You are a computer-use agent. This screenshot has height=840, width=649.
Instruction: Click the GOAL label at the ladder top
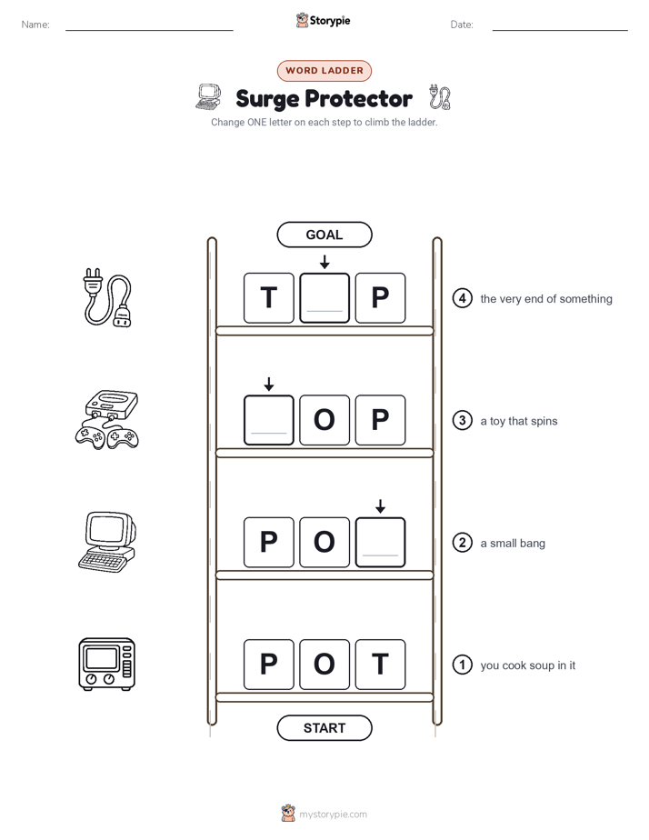[324, 235]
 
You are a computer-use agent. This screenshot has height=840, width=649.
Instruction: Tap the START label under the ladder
[324, 728]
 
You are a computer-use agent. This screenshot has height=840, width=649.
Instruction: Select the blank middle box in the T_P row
[324, 298]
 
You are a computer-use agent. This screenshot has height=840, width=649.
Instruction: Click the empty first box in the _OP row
[269, 420]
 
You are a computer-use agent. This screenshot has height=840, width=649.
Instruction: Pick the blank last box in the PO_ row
[380, 542]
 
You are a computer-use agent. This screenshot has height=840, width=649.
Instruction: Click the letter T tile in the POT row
[380, 665]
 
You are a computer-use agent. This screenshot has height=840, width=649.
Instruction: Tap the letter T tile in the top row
[269, 298]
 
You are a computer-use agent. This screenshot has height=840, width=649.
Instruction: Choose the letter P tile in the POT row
[269, 665]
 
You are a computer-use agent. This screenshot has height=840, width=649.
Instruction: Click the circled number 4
[462, 298]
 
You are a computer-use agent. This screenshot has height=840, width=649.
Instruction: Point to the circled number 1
[462, 665]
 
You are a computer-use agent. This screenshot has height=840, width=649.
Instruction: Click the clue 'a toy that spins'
[519, 421]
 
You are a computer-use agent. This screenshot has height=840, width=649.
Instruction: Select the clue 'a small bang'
[513, 544]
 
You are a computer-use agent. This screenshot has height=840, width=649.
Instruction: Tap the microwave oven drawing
[107, 665]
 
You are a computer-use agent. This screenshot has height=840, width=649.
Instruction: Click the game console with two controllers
[107, 419]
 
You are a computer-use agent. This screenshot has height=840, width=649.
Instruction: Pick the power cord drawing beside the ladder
[107, 298]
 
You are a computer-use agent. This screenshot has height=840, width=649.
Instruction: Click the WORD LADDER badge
[324, 71]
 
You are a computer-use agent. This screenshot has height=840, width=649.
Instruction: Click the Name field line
[149, 30]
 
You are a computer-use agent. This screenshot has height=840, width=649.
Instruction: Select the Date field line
[560, 30]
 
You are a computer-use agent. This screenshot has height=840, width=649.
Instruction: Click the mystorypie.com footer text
[333, 815]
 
